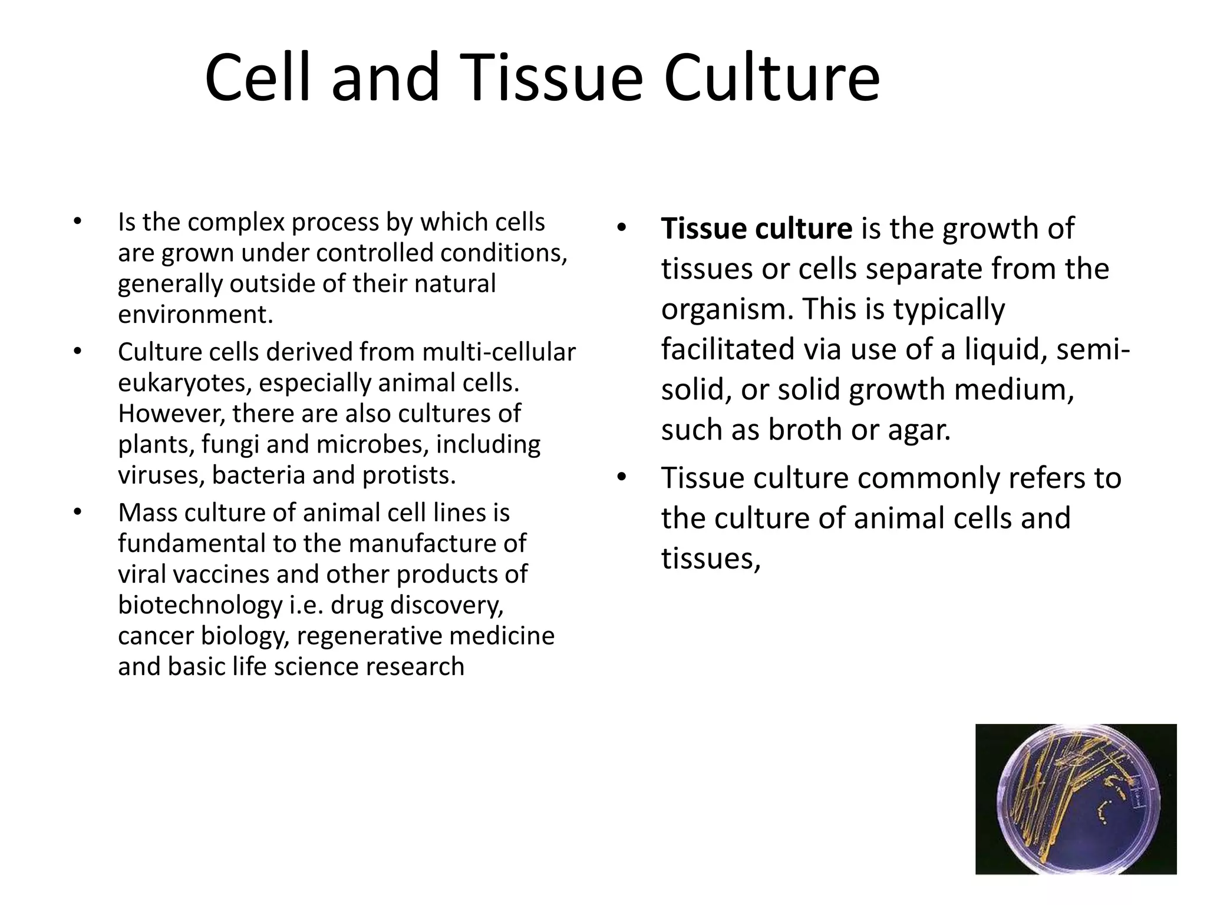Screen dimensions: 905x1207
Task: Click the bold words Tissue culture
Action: tap(756, 229)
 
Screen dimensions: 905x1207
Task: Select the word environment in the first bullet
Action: tap(194, 315)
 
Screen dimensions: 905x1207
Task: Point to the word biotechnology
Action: tap(200, 605)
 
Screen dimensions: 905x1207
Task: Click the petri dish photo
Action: tap(1076, 799)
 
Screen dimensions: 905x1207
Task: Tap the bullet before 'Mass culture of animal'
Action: tap(77, 512)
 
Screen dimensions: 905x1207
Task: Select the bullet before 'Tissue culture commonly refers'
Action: tap(621, 477)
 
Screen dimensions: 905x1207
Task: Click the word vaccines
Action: tap(213, 574)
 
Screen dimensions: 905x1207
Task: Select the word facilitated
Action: tap(728, 349)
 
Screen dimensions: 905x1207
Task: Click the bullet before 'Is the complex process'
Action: tap(77, 222)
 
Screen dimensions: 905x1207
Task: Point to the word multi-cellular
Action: tap(499, 352)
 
